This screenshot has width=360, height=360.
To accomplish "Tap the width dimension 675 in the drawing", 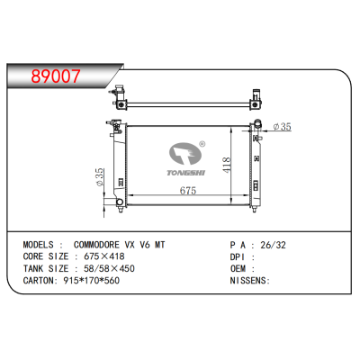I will pyautogui.click(x=187, y=191).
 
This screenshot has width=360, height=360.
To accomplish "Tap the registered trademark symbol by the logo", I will pyautogui.click(x=203, y=143).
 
